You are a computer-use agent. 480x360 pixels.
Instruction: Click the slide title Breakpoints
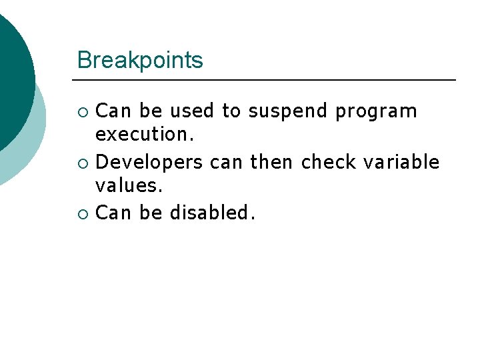coord(140,61)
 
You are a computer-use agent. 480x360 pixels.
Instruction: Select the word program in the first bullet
coord(376,111)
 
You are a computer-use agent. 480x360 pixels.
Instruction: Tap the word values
coord(129,187)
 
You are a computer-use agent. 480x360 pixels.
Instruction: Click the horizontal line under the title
coord(267,80)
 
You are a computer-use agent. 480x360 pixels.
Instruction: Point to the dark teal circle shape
coord(12,73)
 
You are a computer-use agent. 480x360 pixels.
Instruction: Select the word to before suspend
coord(231,111)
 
